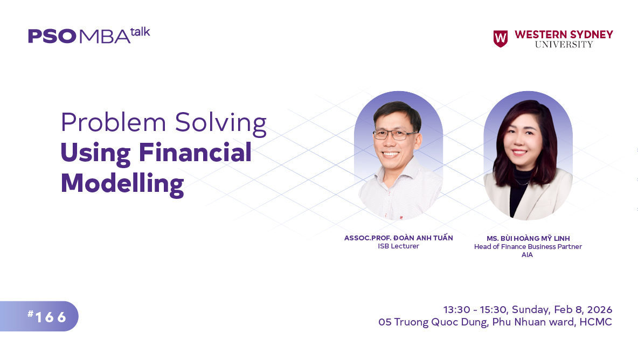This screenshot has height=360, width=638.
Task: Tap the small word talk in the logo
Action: click(x=140, y=31)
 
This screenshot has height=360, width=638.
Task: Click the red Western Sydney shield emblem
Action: click(x=500, y=39)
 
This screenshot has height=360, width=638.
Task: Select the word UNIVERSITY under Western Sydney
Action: click(x=564, y=45)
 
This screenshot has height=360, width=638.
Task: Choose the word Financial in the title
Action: click(x=195, y=153)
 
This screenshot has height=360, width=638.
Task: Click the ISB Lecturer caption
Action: click(x=398, y=247)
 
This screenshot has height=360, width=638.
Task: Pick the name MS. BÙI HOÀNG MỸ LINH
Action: click(x=528, y=239)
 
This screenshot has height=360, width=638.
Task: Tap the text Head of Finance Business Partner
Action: click(x=528, y=247)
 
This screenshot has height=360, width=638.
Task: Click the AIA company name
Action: click(x=527, y=255)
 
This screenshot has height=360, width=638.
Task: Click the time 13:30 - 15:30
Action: click(x=475, y=310)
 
